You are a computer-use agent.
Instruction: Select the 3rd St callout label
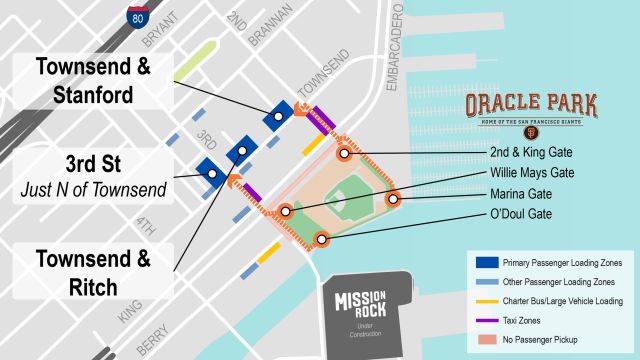(x=87, y=176)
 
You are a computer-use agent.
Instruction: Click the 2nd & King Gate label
(x=530, y=153)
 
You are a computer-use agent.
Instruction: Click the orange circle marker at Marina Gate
(x=393, y=199)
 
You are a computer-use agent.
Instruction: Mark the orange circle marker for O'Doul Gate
(x=321, y=239)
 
